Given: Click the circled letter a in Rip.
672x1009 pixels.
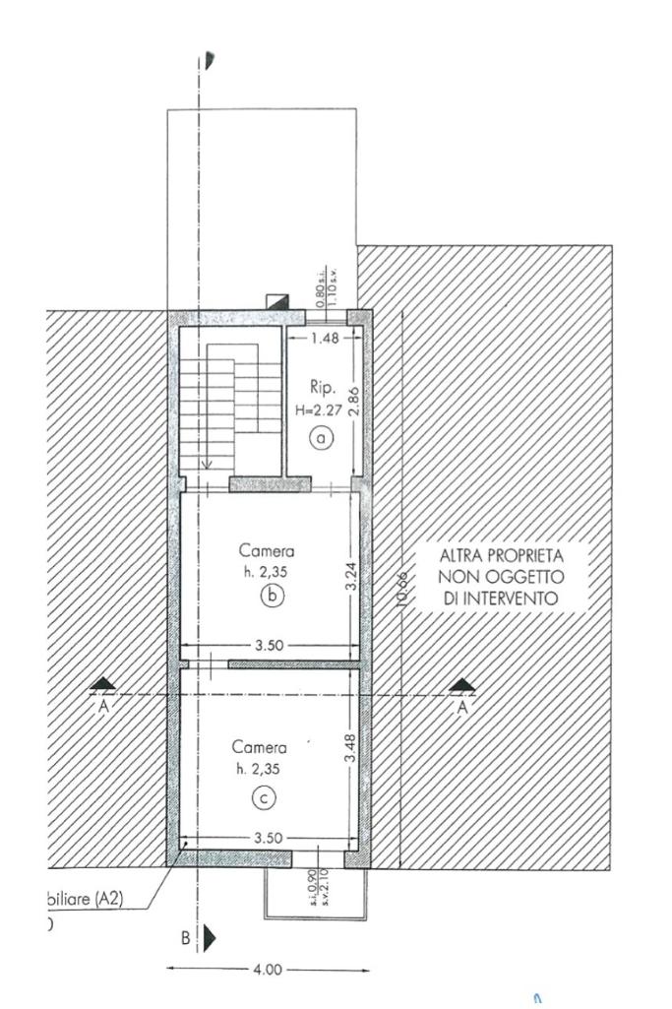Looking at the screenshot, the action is point(322,438).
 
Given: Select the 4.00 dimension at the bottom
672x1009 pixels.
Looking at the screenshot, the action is point(268,970).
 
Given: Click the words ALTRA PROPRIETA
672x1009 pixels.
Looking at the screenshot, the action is point(501,555).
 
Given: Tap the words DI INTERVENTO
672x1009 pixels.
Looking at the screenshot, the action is point(501,598).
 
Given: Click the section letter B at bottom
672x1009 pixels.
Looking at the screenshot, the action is point(185,937).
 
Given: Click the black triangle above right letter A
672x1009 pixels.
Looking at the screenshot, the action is point(460,684).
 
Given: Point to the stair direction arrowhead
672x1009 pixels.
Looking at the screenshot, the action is point(207,467).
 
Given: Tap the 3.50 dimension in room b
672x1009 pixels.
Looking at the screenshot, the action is point(269,646).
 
